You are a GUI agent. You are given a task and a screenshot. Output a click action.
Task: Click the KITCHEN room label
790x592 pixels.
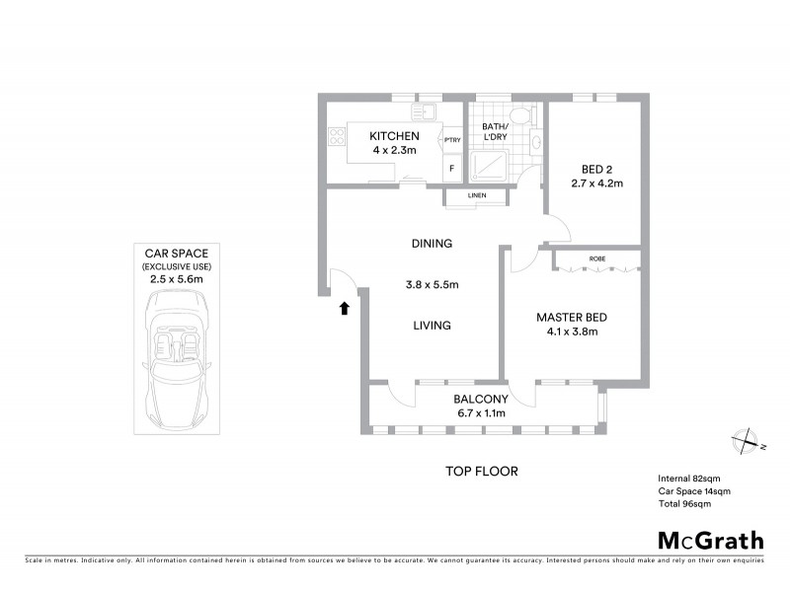(x=394, y=136)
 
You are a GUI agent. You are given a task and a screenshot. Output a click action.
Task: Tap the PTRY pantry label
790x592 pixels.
(x=452, y=141)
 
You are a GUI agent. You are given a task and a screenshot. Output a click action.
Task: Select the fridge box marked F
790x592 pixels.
(x=452, y=168)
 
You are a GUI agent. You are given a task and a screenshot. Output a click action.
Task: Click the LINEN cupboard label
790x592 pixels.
(x=477, y=197)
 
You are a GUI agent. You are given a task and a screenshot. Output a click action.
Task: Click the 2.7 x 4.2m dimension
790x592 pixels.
(x=596, y=184)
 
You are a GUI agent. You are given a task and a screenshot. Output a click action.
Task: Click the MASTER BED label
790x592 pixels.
(x=571, y=317)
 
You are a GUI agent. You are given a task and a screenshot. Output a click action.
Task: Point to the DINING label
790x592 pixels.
(x=432, y=244)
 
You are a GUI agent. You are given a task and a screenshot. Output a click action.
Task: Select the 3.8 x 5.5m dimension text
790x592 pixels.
(x=432, y=285)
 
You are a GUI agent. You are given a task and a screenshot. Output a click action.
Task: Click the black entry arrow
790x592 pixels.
(x=344, y=309)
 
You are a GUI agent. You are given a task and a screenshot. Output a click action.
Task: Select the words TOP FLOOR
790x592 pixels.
(x=481, y=472)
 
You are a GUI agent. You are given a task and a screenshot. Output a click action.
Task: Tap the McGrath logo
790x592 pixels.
(x=710, y=540)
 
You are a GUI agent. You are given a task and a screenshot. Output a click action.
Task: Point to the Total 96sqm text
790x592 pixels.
(x=684, y=503)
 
